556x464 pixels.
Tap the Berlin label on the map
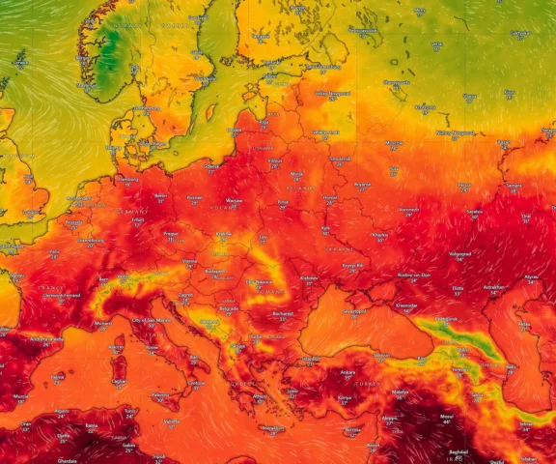click(x=160, y=195)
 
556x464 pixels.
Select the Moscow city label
click(x=394, y=143)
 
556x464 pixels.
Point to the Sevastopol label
click(x=354, y=311)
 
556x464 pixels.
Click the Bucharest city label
click(x=282, y=313)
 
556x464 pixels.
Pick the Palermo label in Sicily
click(x=160, y=394)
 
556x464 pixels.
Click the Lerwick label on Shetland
click(x=20, y=55)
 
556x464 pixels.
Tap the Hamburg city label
click(x=127, y=178)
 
